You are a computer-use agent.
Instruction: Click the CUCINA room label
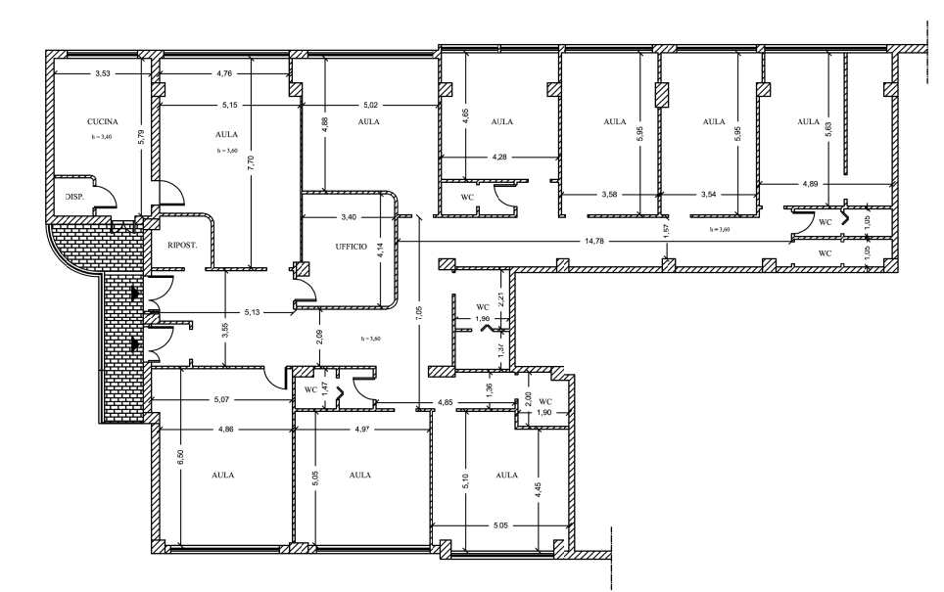[x=99, y=121]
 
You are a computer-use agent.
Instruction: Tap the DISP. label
[x=74, y=197]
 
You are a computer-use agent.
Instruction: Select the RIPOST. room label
[x=182, y=246]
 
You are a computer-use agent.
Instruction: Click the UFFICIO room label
[x=351, y=246]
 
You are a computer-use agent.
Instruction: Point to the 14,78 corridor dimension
[x=594, y=241]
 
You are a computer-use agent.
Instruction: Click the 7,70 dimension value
[x=251, y=164]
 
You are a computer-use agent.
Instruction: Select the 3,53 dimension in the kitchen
[x=103, y=74]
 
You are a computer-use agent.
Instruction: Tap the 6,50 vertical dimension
[x=180, y=457]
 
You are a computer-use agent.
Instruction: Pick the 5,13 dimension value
[x=253, y=312]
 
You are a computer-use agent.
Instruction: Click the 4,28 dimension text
[x=499, y=157]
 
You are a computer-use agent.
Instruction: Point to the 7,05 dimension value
[x=420, y=312]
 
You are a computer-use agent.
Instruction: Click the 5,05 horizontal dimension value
[x=500, y=525]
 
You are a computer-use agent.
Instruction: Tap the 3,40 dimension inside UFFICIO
[x=349, y=216]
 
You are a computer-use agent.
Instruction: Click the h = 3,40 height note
[x=102, y=137]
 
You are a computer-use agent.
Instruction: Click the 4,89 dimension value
[x=810, y=184]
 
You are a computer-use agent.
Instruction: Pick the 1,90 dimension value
[x=543, y=412]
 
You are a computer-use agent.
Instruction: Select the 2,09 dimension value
[x=319, y=337]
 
